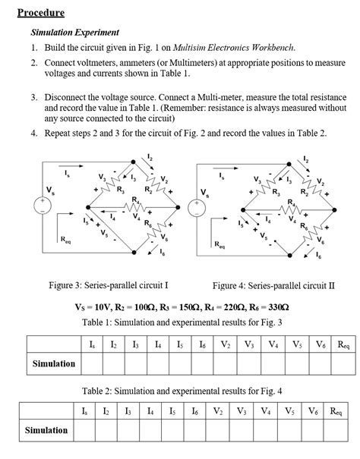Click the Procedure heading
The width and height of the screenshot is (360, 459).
(41, 13)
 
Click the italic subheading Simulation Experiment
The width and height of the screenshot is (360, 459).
(74, 33)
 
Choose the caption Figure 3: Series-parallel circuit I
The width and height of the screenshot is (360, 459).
(109, 285)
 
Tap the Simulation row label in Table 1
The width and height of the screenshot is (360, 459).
(54, 364)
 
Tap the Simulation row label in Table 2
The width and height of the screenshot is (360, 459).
(46, 430)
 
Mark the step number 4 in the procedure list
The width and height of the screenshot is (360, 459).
(34, 133)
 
